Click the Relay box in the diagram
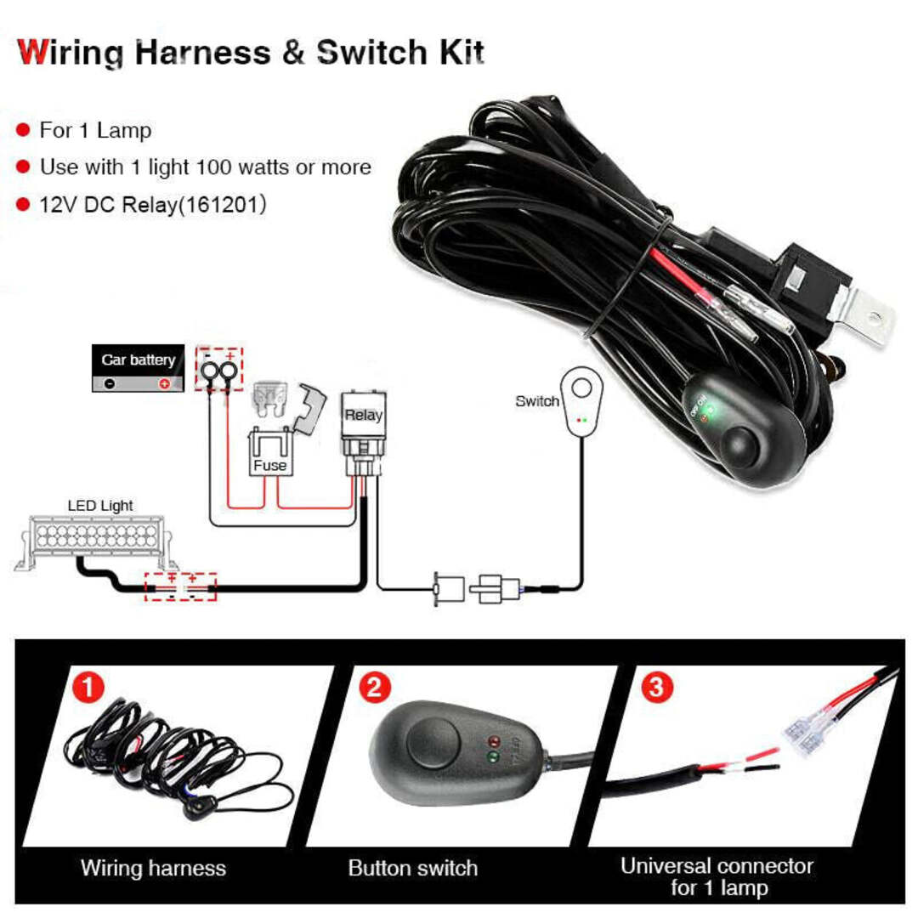(x=363, y=416)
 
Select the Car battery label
(x=138, y=360)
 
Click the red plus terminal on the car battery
(x=164, y=384)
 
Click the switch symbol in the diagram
(x=581, y=403)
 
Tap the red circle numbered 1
(x=87, y=685)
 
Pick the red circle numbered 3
(x=654, y=685)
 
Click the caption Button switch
(x=412, y=868)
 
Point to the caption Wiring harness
(x=153, y=868)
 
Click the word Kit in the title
(x=460, y=53)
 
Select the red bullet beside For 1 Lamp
(x=24, y=131)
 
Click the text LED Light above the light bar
(x=100, y=506)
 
